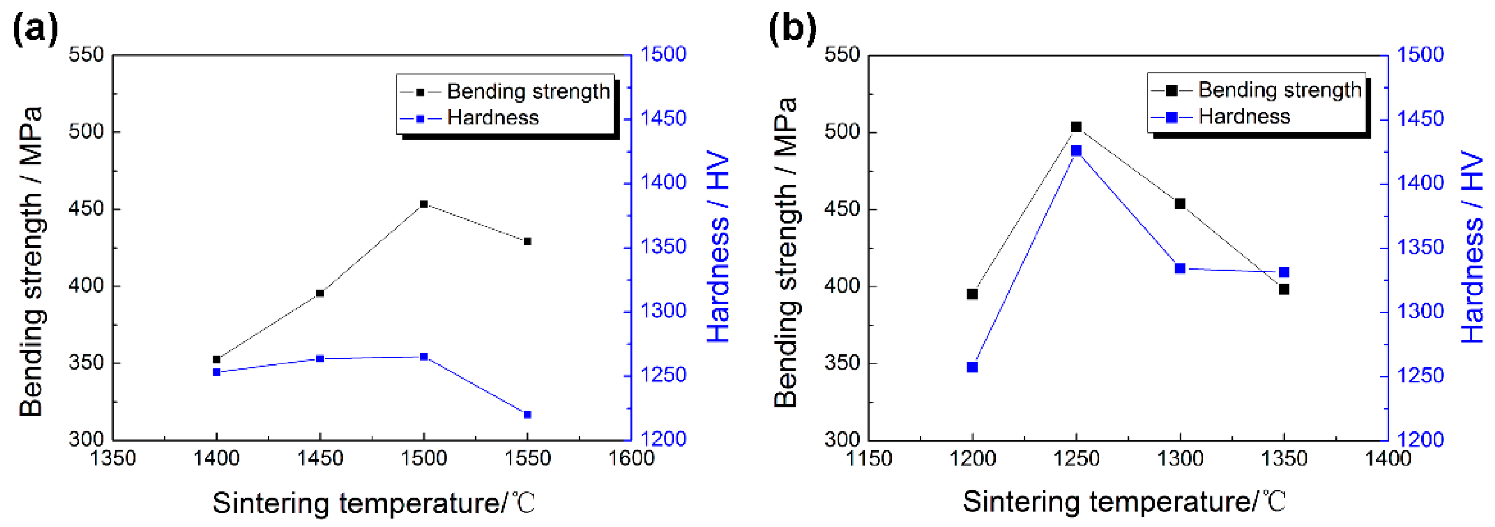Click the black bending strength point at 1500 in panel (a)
pos(424,204)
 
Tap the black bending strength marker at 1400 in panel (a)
pos(216,359)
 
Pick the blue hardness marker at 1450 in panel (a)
pos(320,359)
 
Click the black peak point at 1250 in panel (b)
pos(1076,127)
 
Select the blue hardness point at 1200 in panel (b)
pos(973,367)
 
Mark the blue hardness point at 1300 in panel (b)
pos(1180,268)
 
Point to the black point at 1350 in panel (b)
pos(1284,289)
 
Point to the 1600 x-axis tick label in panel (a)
pos(631,458)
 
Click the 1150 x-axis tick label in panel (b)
pos(869,458)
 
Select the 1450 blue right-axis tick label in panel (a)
pos(663,119)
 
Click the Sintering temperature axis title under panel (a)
pos(373,503)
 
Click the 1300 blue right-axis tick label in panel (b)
pos(1420,312)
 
